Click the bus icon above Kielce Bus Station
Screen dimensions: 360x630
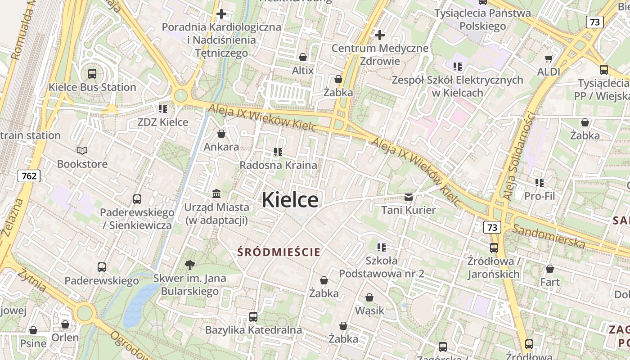[92, 73]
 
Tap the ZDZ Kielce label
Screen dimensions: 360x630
[162, 122]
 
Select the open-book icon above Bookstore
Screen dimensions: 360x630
[82, 150]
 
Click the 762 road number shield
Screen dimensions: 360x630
[29, 175]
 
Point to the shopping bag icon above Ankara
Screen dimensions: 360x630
[221, 134]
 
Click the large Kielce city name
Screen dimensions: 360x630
[290, 199]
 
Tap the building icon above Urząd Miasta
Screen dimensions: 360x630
[216, 193]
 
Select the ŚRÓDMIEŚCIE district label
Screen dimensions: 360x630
[279, 252]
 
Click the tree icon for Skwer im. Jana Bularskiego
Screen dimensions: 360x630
[190, 265]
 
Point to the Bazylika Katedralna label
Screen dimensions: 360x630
[253, 330]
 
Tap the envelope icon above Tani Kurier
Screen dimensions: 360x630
[409, 197]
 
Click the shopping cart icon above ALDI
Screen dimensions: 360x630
[549, 58]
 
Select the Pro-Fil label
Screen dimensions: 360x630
[540, 196]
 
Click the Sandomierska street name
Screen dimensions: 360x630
[549, 236]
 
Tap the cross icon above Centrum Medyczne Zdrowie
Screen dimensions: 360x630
[380, 35]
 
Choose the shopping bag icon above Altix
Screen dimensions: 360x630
[303, 57]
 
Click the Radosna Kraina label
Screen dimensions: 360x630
[278, 165]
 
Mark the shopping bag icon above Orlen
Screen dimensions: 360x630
[65, 324]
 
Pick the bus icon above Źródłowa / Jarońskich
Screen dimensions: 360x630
[494, 247]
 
